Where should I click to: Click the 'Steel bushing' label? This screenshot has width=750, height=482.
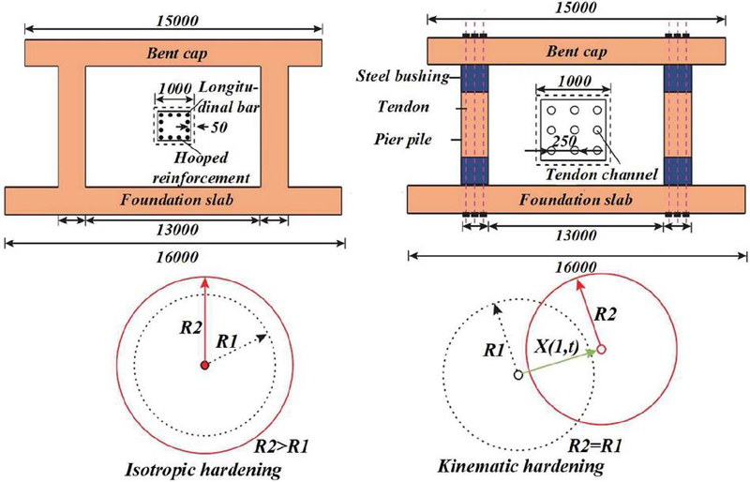403,76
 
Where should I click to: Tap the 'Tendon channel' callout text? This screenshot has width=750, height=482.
602,173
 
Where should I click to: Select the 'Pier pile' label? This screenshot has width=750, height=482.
403,140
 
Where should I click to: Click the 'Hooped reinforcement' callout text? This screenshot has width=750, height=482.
201,168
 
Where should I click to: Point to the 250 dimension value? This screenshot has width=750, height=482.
564,142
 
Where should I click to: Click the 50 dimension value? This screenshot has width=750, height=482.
218,128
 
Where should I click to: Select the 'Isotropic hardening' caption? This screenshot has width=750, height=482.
202,470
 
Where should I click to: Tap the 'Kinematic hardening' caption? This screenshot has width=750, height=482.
521,466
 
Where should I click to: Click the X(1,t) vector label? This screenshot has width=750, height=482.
557,347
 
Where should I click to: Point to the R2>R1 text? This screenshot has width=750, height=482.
280,447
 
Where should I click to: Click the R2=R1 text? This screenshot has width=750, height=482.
595,446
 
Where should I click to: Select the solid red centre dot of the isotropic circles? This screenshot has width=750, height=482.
204,365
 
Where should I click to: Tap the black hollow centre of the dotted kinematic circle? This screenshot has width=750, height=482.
518,375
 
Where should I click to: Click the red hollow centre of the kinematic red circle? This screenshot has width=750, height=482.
602,349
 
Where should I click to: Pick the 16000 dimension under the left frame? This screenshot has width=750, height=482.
177,257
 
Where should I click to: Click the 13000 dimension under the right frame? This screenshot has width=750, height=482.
576,235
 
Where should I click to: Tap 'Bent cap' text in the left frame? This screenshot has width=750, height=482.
176,53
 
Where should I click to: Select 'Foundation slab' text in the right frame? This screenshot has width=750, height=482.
577,200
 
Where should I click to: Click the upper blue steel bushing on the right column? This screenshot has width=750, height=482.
678,79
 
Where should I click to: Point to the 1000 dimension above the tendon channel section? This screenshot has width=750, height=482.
575,81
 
